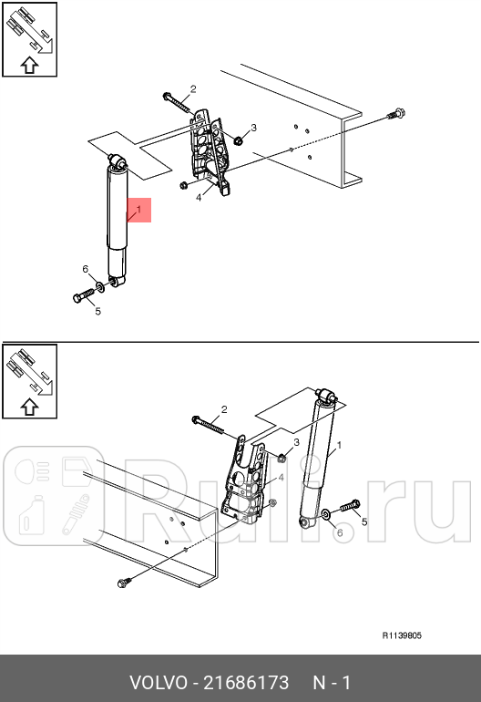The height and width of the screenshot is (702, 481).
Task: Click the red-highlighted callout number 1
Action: (x=138, y=210)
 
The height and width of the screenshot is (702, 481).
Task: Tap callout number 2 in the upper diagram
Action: (x=193, y=89)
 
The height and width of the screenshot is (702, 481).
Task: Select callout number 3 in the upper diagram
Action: (x=253, y=128)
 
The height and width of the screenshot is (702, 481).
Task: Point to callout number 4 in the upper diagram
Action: (x=199, y=197)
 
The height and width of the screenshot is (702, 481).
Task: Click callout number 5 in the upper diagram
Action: (x=98, y=311)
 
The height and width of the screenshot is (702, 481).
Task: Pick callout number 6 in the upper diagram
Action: (x=86, y=269)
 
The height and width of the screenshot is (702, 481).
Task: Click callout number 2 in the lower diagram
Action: (x=224, y=409)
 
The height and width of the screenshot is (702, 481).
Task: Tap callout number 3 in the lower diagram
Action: (x=296, y=442)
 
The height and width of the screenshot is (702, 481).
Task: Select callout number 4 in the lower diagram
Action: (x=281, y=478)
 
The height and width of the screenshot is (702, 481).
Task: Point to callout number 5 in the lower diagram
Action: (x=364, y=522)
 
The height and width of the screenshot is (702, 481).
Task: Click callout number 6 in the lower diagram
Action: (x=340, y=532)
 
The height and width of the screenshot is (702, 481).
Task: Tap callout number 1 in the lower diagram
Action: (x=339, y=446)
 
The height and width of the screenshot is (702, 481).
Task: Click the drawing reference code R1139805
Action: (x=402, y=635)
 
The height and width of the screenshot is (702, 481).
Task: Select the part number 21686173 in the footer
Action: (x=246, y=683)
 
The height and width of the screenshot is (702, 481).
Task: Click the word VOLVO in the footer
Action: (x=159, y=683)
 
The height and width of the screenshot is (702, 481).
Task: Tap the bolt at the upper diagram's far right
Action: (x=396, y=114)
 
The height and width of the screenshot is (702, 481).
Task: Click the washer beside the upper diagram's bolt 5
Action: (x=101, y=286)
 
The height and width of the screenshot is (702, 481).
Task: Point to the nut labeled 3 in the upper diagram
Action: (x=239, y=141)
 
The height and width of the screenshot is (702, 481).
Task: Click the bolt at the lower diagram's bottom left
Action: (x=125, y=583)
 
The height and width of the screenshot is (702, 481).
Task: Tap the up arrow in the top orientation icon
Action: (x=29, y=65)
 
